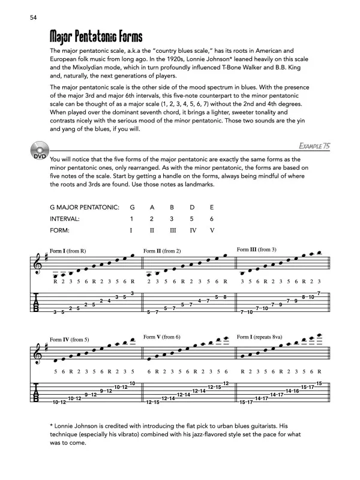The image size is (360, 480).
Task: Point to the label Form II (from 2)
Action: click(x=163, y=250)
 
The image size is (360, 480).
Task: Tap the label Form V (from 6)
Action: click(x=162, y=337)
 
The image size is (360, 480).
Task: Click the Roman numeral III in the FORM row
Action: click(x=173, y=230)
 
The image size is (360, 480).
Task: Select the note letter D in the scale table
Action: click(x=193, y=207)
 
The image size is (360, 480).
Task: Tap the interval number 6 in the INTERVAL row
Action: click(x=212, y=219)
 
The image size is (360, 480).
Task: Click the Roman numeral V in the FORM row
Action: click(x=212, y=230)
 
